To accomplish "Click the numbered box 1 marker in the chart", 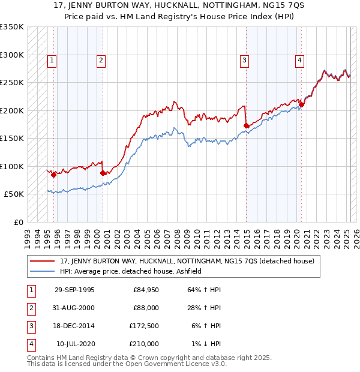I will click(x=52, y=60).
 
